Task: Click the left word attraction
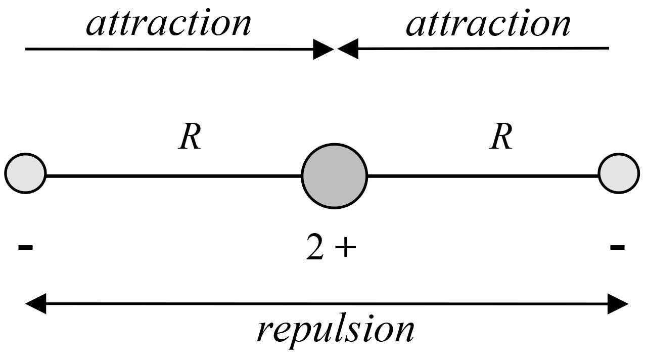[x=169, y=24]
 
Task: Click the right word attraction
[x=488, y=24]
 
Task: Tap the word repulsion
[x=336, y=330]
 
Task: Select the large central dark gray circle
[x=334, y=175]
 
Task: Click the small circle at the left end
[x=25, y=173]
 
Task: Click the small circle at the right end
[x=619, y=173]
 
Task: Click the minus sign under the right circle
[x=617, y=247]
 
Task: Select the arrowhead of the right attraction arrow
[x=348, y=49]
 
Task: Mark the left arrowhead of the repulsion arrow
[x=35, y=304]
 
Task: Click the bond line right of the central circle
[x=483, y=176]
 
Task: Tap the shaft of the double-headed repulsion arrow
[x=329, y=304]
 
